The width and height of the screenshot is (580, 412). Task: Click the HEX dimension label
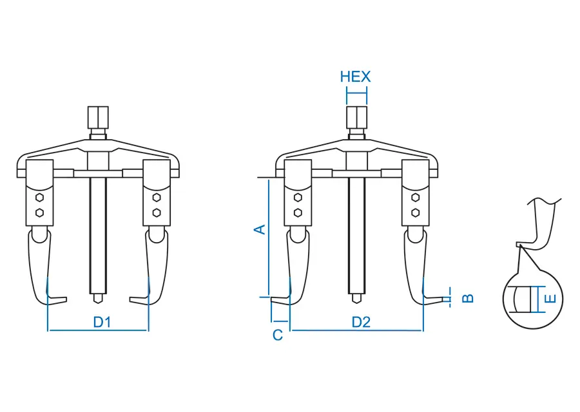pos(355,77)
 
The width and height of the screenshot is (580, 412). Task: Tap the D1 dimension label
pos(102,323)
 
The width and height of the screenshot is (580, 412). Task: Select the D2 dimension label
pos(361,323)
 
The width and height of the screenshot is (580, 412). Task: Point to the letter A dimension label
pos(260,229)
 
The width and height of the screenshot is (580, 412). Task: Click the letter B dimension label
pos(468,298)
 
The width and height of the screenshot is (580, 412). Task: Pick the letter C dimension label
pos(278,335)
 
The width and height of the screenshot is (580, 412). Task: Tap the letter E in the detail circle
pos(551,299)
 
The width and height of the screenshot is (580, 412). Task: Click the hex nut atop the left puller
pos(98,117)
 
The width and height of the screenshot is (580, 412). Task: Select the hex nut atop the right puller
pos(356,117)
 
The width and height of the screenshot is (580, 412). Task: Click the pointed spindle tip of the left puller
pos(98,299)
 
